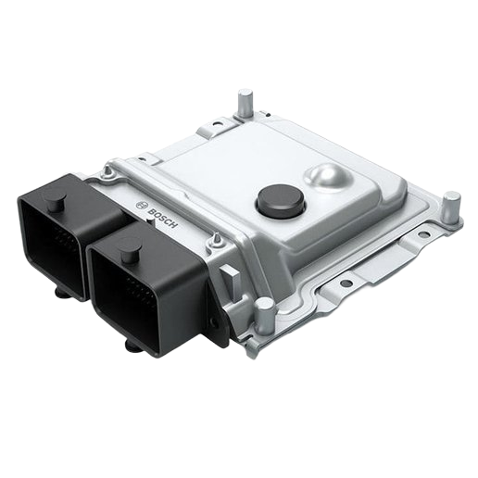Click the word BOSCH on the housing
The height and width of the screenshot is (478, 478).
pyautogui.click(x=162, y=219)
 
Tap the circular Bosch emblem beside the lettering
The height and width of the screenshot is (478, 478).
pyautogui.click(x=142, y=206)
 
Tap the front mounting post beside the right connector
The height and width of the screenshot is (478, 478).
pyautogui.click(x=265, y=317)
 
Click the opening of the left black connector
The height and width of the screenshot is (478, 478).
pyautogui.click(x=52, y=244)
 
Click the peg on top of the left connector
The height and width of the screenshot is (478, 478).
pyautogui.click(x=56, y=204)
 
